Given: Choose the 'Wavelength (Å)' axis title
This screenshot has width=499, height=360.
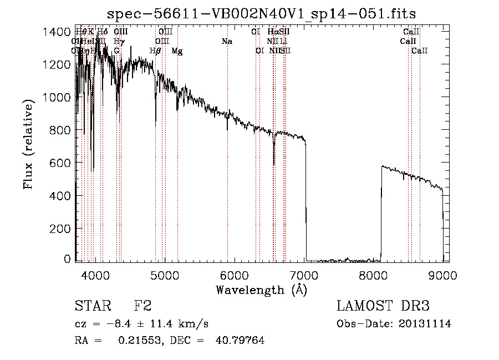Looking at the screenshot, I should [x=261, y=290].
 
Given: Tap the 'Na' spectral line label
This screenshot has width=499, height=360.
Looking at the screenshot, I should [x=227, y=41].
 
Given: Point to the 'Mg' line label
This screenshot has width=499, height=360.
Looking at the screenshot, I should [x=177, y=50].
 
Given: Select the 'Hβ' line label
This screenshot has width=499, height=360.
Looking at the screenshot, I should [x=156, y=50].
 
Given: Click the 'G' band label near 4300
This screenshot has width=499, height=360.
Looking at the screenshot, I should [x=116, y=50].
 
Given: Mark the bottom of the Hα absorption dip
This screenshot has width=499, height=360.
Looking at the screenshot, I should [x=274, y=164].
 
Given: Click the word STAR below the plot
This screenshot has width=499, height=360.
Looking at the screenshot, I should [x=93, y=306].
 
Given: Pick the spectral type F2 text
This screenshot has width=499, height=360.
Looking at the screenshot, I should [x=143, y=306].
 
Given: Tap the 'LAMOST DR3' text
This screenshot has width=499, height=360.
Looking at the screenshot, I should [x=383, y=306].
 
